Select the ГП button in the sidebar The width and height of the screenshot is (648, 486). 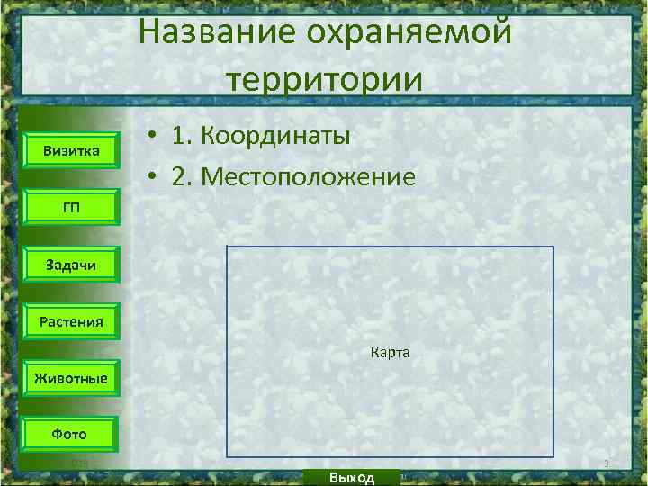[x=71, y=207]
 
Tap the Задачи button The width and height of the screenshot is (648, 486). [x=71, y=264]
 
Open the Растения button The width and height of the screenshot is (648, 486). [x=71, y=320]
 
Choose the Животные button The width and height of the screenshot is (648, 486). [x=71, y=377]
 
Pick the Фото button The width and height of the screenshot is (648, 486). [x=71, y=434]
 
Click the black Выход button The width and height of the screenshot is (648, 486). [x=352, y=477]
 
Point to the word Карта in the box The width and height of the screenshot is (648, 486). [x=390, y=353]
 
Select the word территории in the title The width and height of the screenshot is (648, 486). [x=325, y=78]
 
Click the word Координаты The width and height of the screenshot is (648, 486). [x=275, y=136]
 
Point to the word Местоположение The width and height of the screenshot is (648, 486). [x=309, y=175]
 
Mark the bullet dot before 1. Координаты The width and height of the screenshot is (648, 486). [x=155, y=137]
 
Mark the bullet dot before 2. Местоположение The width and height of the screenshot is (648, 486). [x=155, y=176]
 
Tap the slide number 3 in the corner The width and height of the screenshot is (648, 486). [x=607, y=463]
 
